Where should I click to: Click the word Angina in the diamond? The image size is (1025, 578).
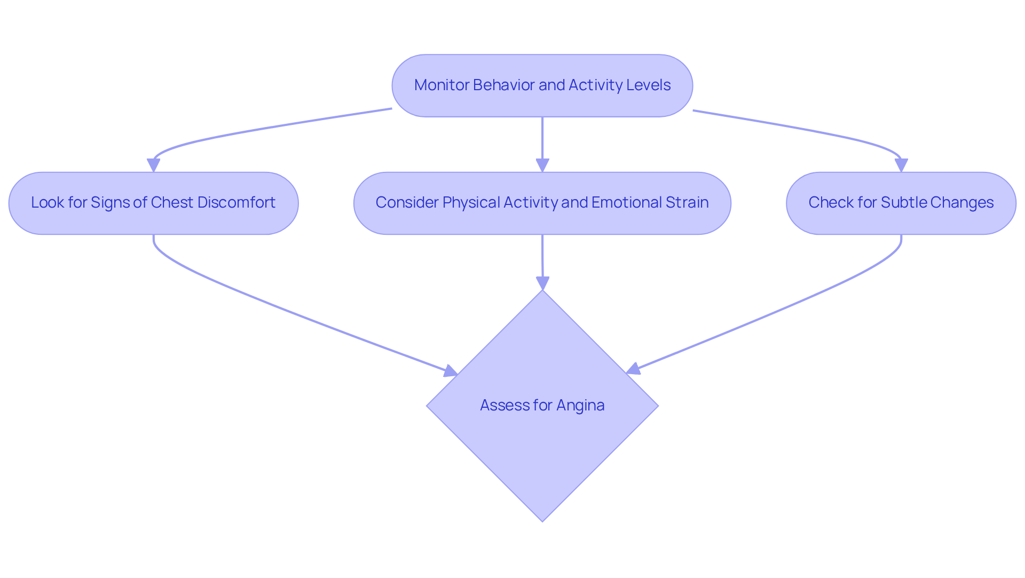580,406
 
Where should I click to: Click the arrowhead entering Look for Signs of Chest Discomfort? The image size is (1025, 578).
154,166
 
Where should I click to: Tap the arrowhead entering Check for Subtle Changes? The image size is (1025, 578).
901,166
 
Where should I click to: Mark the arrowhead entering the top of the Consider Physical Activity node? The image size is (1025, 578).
542,166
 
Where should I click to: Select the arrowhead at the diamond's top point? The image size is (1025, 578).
543,283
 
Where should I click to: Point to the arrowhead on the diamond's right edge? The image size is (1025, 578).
633,369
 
